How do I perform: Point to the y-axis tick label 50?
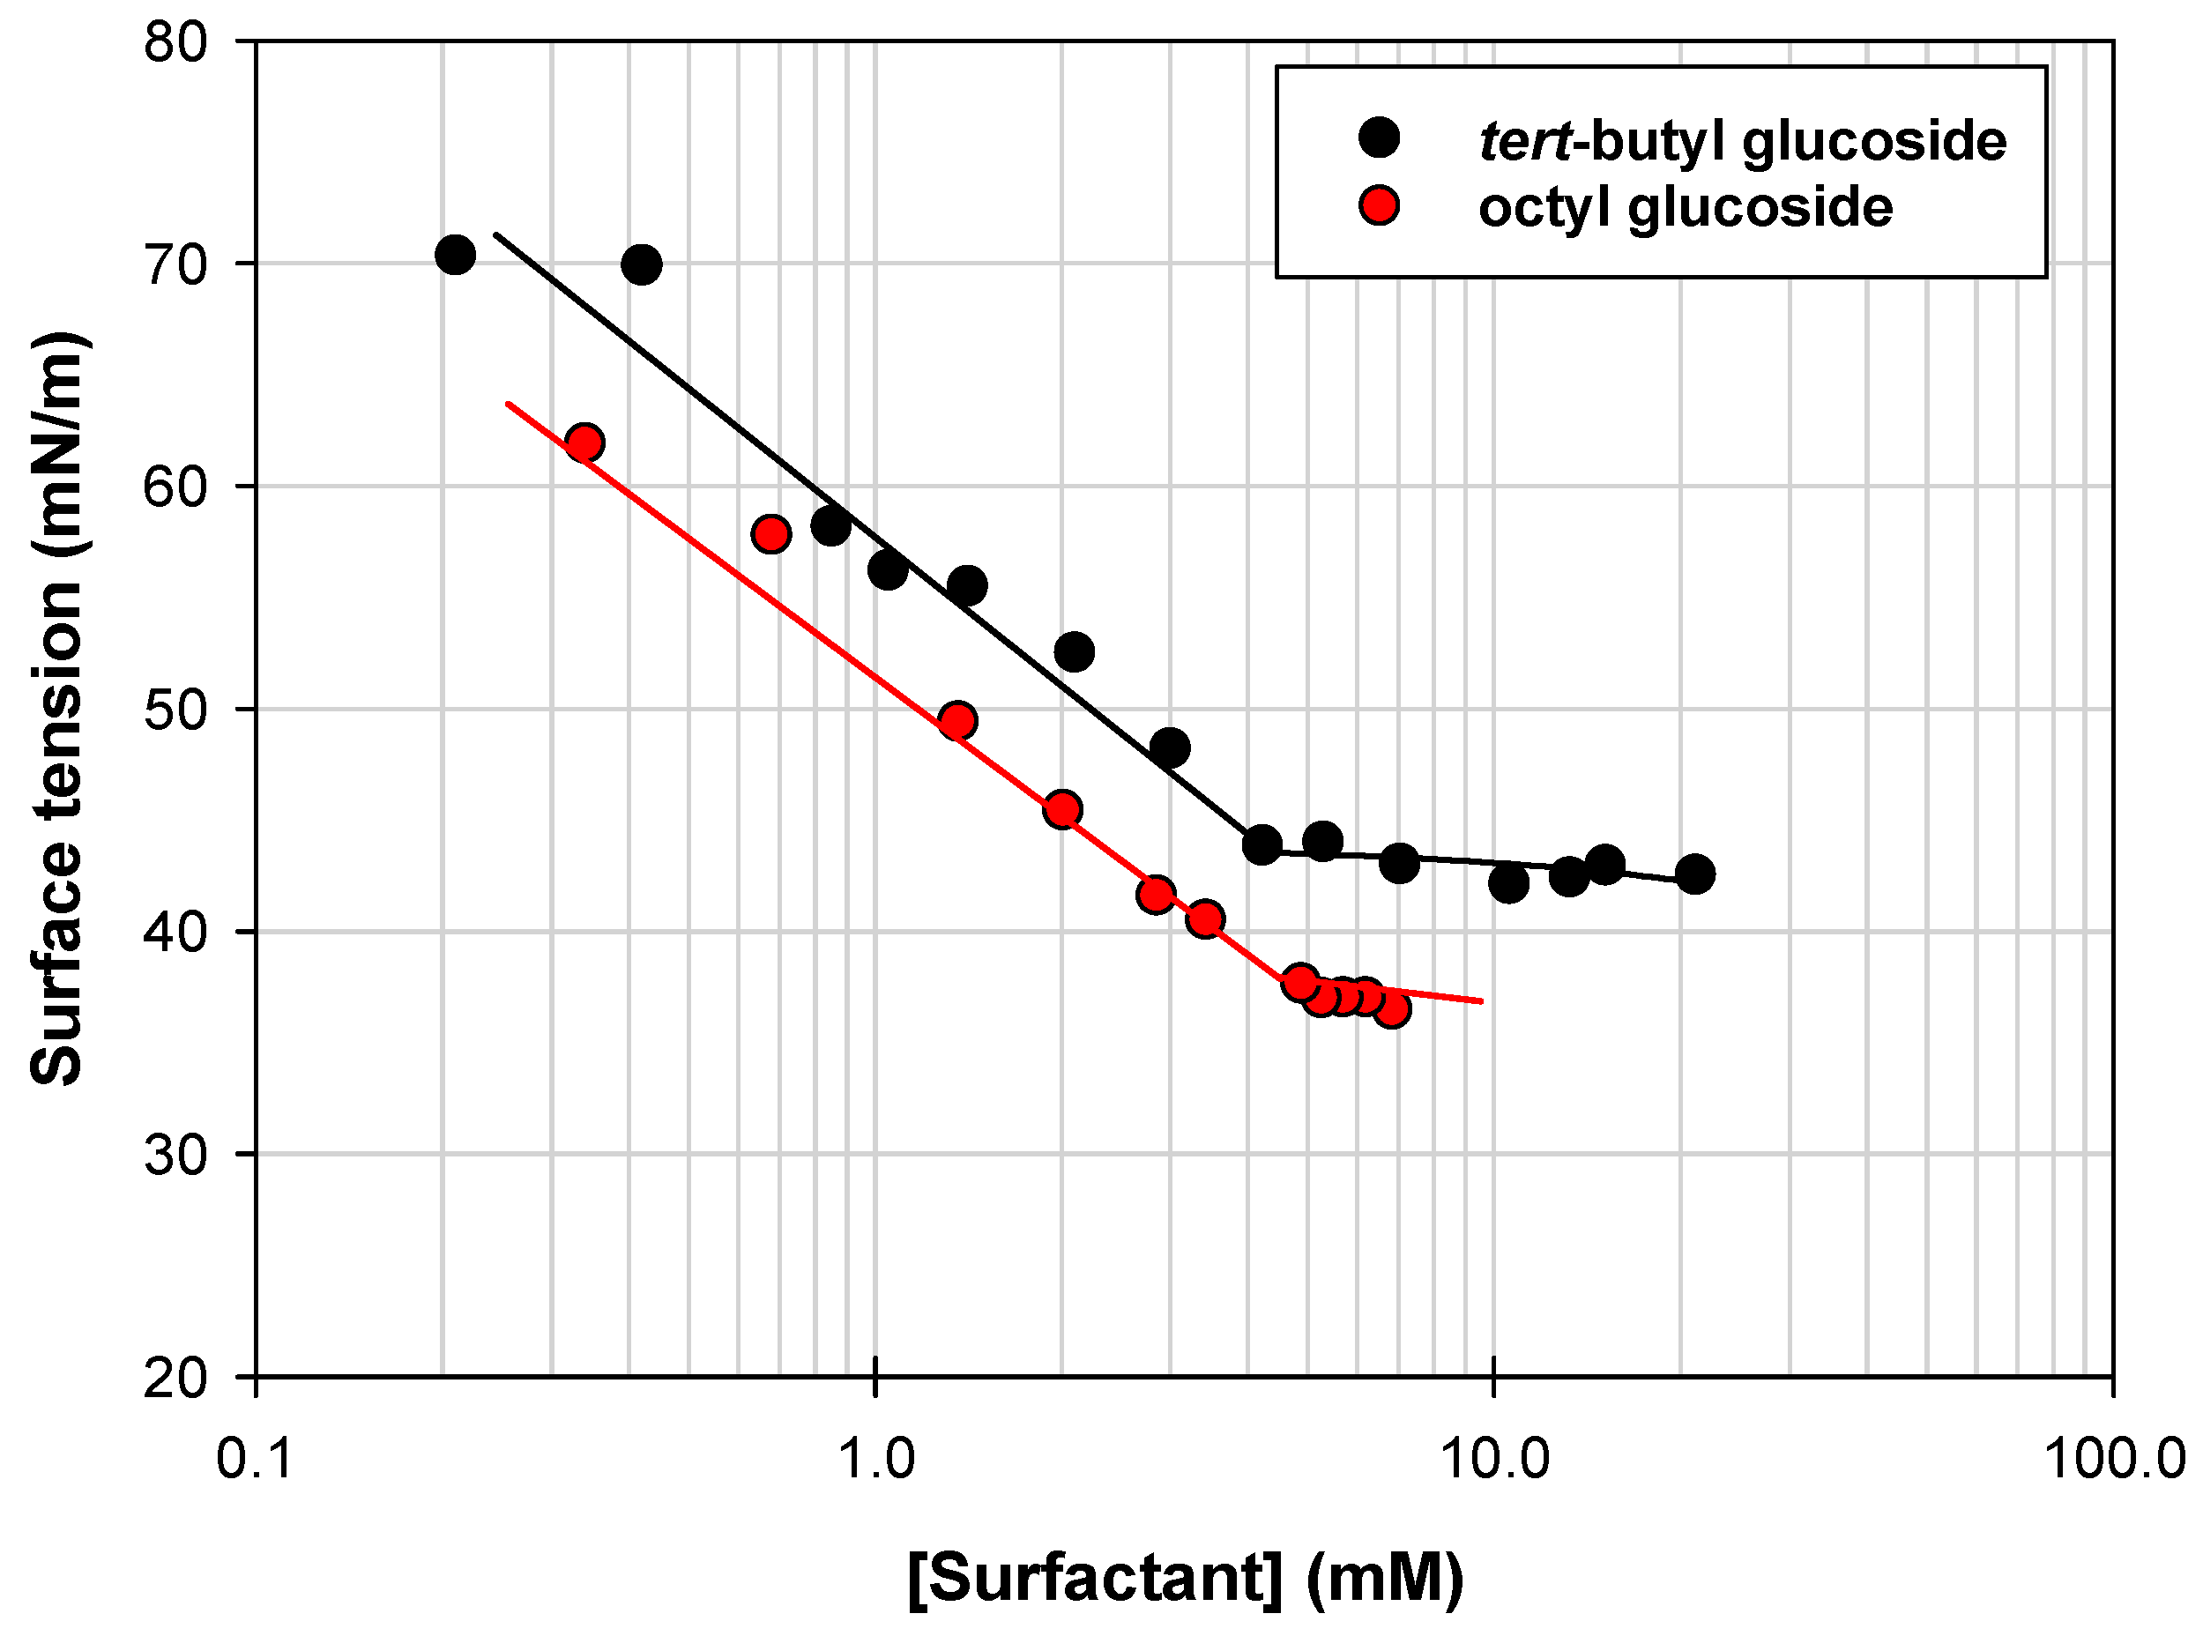click(x=175, y=711)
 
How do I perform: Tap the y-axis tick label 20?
click(x=175, y=1379)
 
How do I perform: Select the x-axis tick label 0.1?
click(x=256, y=1459)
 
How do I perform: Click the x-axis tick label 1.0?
click(x=875, y=1459)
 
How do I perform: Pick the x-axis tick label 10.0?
click(x=1493, y=1459)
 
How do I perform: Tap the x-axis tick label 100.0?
click(x=2114, y=1459)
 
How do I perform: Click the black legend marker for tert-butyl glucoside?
click(x=1379, y=138)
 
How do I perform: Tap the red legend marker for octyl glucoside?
click(x=1379, y=206)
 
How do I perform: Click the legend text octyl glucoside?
click(x=1685, y=208)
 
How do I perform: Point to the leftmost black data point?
click(x=455, y=255)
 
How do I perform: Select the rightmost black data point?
click(x=1695, y=874)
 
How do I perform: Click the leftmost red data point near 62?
click(x=584, y=442)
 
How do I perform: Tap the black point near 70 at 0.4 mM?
click(x=641, y=264)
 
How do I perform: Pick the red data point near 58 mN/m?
click(x=770, y=535)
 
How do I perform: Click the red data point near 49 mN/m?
click(x=956, y=721)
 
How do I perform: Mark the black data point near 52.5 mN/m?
click(x=1074, y=651)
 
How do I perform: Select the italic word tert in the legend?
click(x=1524, y=142)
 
